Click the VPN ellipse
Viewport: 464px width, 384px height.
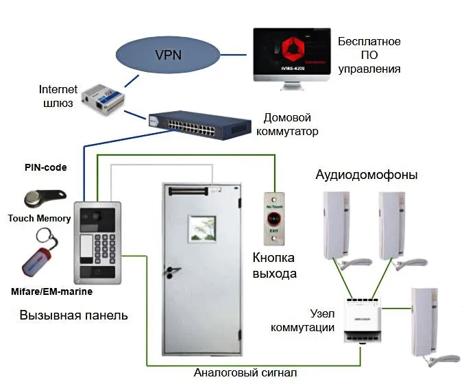(x=168, y=54)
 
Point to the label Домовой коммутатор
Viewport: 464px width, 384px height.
(x=291, y=124)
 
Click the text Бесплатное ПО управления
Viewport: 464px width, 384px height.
(x=369, y=56)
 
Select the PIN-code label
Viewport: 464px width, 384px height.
(x=45, y=167)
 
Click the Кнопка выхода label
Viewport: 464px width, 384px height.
(x=273, y=266)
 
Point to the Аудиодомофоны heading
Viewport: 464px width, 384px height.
(x=366, y=175)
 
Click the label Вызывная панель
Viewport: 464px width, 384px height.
(x=73, y=316)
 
